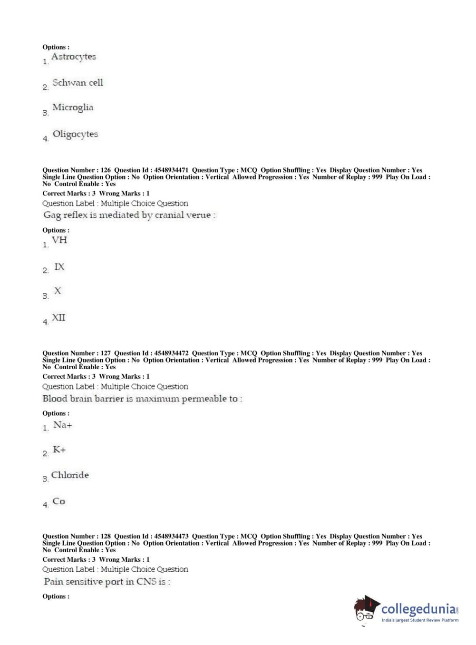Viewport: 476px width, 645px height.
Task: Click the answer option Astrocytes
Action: coord(73,57)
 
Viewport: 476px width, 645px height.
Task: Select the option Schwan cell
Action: coord(78,83)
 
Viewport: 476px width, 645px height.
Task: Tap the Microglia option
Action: coord(73,107)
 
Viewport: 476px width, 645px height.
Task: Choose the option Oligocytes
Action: coord(75,134)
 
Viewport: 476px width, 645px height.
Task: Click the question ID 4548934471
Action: coord(171,170)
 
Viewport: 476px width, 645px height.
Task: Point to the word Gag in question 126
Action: coord(52,215)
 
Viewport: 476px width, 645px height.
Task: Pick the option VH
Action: coord(59,240)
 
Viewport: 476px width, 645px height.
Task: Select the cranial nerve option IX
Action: coord(59,267)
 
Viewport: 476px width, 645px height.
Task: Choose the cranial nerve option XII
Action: coord(58,318)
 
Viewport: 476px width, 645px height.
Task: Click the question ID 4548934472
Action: coord(171,353)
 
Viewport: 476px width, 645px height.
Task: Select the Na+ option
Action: coord(63,425)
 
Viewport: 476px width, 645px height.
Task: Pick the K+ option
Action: coord(59,450)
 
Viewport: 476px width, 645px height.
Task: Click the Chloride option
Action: coord(70,475)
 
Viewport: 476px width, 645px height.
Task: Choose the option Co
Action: coord(58,501)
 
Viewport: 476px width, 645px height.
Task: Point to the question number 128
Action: coord(106,536)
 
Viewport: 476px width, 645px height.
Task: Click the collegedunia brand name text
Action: coord(418,609)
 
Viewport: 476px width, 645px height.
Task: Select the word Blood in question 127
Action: coord(55,399)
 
